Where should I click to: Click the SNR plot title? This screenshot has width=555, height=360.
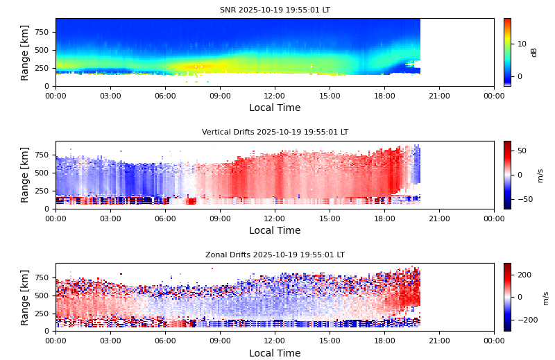point(275,10)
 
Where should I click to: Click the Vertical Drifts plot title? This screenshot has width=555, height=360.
point(275,132)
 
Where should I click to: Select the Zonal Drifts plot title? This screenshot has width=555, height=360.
point(275,255)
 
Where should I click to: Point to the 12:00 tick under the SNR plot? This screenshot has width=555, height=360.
point(275,96)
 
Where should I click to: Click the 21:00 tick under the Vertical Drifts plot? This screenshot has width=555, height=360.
point(439,218)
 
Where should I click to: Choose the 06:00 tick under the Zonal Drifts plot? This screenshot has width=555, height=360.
point(165,341)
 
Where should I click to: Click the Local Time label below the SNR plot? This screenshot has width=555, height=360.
point(275,108)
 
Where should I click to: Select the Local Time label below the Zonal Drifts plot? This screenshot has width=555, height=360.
point(275,353)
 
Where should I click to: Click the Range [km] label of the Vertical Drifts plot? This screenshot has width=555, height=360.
point(25,175)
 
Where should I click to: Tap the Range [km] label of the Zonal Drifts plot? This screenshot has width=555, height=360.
point(25,297)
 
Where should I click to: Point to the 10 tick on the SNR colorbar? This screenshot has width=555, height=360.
point(521,43)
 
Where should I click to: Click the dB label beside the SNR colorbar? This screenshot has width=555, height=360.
point(534,52)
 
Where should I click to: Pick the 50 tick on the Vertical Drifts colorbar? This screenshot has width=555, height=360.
point(521,151)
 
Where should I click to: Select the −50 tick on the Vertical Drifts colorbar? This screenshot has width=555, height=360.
point(521,199)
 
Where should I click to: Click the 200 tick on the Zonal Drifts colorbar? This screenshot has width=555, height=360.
point(524,275)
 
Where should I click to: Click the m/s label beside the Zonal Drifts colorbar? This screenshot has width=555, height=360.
point(545,298)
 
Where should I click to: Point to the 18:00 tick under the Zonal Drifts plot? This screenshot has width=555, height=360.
point(384,341)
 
